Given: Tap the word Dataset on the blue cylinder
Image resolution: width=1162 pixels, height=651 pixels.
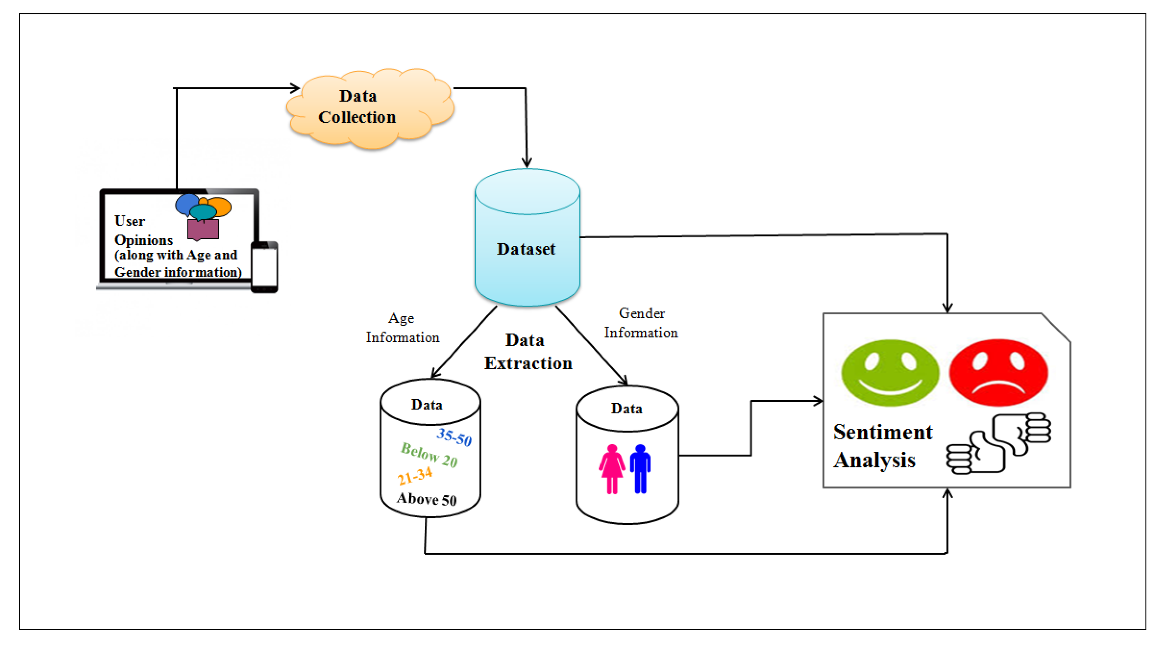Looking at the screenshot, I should (526, 249).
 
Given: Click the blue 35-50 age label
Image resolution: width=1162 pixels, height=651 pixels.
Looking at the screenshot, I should (454, 437).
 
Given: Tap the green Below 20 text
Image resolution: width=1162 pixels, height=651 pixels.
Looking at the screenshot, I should (429, 455).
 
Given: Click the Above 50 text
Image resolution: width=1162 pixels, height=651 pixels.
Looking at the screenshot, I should (427, 499).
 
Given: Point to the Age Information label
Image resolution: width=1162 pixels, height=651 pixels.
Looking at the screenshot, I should (402, 328).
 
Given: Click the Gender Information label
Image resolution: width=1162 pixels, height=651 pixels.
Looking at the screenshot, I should (641, 323).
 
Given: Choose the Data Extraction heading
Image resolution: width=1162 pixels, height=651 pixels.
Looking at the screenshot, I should (528, 352).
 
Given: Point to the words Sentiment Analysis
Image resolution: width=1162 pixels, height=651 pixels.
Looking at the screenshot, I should (882, 446).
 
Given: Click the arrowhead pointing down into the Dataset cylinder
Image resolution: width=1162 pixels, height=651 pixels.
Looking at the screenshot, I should (527, 162).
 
